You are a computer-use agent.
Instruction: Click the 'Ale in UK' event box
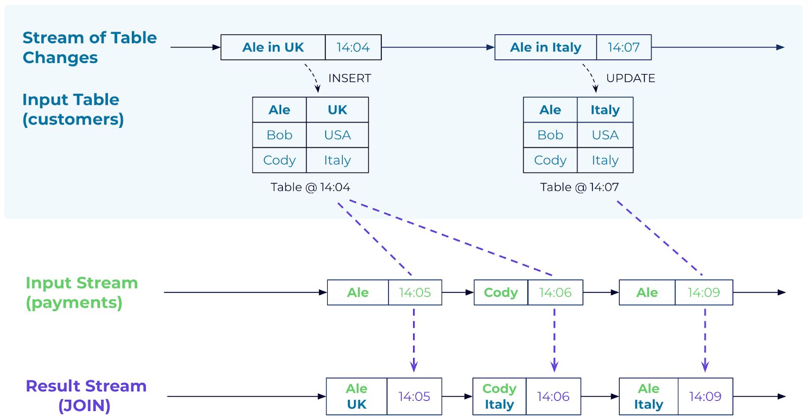(273, 47)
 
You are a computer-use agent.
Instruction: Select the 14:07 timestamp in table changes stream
(624, 47)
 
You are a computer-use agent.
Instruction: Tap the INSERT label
(349, 78)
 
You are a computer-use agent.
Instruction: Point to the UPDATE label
(631, 78)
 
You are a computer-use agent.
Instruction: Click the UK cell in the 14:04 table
(337, 109)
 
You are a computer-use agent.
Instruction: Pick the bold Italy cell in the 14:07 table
(605, 109)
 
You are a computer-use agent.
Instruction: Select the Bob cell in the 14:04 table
(279, 135)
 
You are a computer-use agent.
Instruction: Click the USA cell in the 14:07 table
(605, 135)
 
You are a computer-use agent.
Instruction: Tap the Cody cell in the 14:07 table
(550, 160)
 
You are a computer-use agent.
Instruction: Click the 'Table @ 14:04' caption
(310, 187)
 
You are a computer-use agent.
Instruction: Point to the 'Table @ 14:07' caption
(579, 187)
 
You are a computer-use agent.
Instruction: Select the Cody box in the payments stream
(500, 292)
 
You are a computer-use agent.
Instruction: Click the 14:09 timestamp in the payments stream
(704, 292)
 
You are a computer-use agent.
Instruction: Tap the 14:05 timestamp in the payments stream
(415, 292)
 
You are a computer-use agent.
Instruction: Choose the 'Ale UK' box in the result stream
(357, 396)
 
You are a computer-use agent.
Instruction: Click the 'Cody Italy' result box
(499, 396)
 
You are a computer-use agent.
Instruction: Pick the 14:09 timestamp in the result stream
(705, 396)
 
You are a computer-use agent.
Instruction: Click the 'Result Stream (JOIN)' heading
(86, 396)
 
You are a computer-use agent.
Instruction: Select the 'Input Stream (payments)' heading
(81, 292)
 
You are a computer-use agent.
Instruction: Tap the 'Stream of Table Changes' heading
(89, 47)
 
